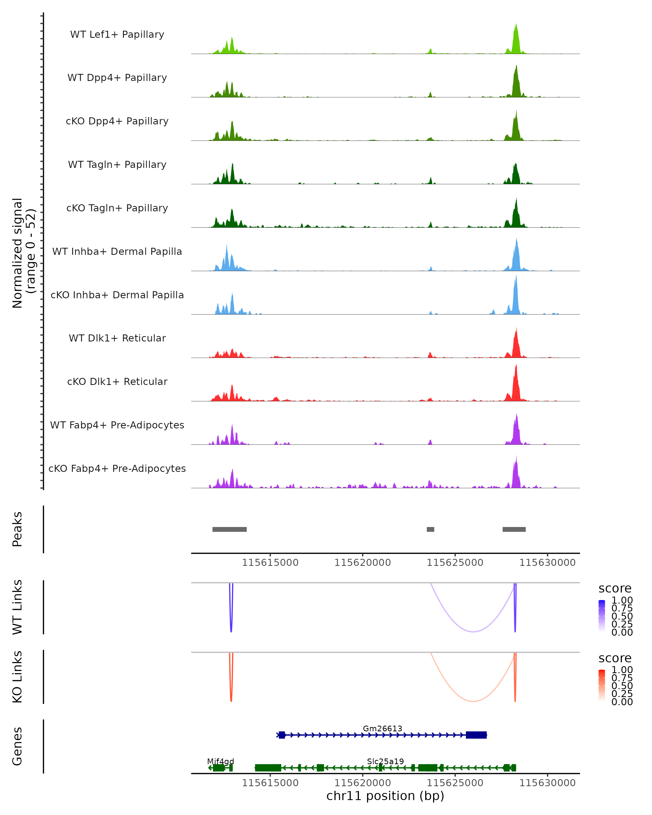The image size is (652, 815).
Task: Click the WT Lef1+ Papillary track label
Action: coord(117,35)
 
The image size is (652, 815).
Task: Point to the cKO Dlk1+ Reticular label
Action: coord(117,381)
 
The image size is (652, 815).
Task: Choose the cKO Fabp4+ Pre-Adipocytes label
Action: coord(117,468)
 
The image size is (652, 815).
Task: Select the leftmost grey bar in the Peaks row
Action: coord(230,529)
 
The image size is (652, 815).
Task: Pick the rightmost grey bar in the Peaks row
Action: coord(514,529)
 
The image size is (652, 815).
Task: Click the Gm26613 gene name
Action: coord(383,728)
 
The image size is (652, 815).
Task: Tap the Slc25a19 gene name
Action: coord(385,761)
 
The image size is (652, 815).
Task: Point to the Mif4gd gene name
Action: coord(220,761)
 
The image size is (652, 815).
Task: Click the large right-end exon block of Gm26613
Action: coord(476,735)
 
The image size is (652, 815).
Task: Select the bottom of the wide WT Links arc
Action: coord(473,632)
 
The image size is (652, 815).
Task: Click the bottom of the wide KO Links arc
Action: coord(473,701)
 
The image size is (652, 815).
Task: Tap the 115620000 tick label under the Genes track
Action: coord(362,783)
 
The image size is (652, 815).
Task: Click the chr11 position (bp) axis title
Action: coord(385,796)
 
